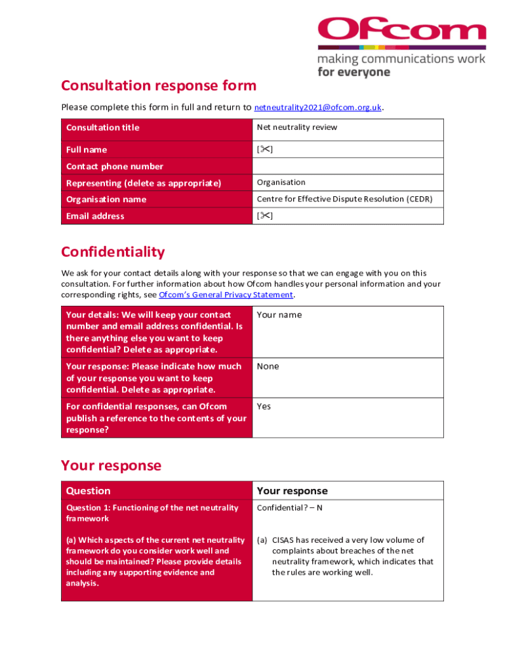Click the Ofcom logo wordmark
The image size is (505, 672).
pos(401,30)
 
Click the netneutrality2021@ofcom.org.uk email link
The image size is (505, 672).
pos(317,107)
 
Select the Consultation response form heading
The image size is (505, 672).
pos(159,85)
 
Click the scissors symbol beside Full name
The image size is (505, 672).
pos(264,150)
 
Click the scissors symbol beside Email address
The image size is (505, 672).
pos(264,216)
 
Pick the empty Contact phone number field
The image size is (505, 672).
pos(348,166)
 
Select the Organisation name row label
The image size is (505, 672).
pos(106,199)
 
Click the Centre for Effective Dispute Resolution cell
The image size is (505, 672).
pos(344,199)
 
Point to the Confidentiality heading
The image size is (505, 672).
pos(113,252)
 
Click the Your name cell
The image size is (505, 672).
pos(279,315)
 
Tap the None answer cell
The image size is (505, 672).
pos(268,366)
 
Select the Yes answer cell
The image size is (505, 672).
pos(264,406)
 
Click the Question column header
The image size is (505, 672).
pos(89,491)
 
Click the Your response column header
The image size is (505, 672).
pos(292,491)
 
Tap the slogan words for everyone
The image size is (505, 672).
pos(353,72)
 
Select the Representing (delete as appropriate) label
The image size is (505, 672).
pos(144,183)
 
